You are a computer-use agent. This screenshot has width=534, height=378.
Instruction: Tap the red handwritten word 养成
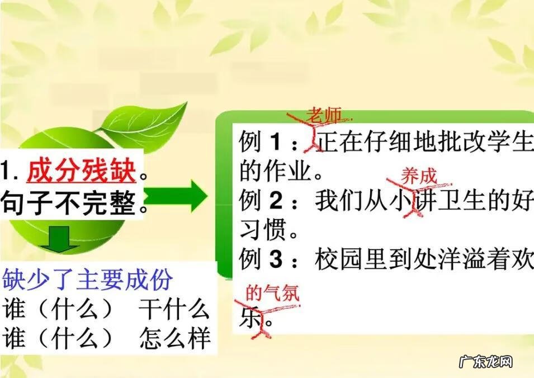(x=418, y=176)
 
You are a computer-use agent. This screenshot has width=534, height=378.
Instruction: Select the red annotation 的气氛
(x=272, y=292)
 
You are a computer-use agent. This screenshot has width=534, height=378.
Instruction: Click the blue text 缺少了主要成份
(x=88, y=280)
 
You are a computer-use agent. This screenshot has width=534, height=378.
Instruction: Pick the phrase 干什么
(x=174, y=309)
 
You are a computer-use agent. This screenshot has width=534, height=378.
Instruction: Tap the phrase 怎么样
(x=174, y=338)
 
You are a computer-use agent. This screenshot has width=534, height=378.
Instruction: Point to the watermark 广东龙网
(x=486, y=362)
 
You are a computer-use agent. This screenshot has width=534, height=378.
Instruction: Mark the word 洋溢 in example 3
(x=457, y=259)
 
